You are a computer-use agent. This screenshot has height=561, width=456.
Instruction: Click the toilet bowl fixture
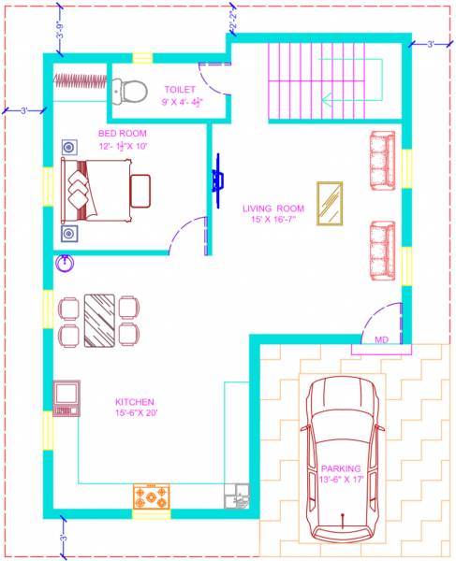pos(130,90)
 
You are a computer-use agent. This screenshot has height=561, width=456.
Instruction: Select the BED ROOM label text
pos(122,134)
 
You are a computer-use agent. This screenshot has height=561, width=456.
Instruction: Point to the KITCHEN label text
pos(134,402)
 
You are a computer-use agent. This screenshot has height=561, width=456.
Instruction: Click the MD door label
pos(381,340)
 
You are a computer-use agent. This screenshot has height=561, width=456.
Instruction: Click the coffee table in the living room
pos(329,203)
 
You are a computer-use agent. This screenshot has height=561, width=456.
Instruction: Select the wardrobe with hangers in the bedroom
pos(80,81)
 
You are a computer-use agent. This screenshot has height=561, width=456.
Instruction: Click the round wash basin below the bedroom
pos(66,263)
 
